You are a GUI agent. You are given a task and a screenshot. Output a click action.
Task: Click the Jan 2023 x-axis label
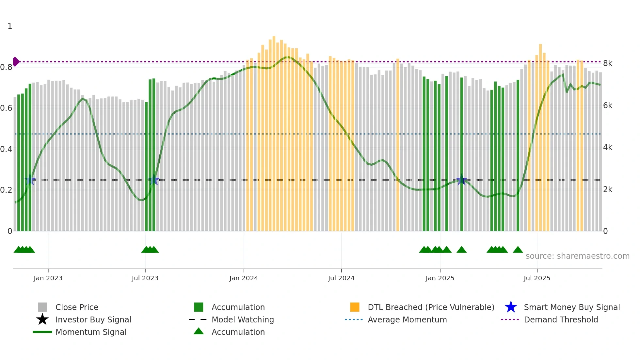(x=48, y=278)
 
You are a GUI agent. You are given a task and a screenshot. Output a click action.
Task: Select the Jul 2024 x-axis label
(x=341, y=278)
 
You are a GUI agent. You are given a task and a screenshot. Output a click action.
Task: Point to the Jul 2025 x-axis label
(x=537, y=278)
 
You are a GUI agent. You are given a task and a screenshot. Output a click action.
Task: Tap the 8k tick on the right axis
(x=608, y=63)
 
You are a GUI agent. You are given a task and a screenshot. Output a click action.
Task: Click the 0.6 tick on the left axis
(x=7, y=108)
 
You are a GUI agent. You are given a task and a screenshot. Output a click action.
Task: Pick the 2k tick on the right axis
(x=608, y=189)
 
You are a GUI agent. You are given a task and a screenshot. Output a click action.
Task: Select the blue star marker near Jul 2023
(x=153, y=180)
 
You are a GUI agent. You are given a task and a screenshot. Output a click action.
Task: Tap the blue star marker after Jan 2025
(x=461, y=180)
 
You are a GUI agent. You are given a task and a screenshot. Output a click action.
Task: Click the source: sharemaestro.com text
(x=577, y=256)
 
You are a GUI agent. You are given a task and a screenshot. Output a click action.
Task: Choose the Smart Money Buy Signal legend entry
(x=571, y=307)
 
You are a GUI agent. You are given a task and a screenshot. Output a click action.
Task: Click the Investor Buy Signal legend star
(x=42, y=319)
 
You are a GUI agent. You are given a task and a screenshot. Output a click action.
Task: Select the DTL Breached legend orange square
(x=355, y=307)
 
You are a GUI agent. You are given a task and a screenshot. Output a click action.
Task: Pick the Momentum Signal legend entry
(x=91, y=332)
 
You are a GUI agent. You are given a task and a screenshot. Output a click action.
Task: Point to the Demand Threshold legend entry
(x=561, y=319)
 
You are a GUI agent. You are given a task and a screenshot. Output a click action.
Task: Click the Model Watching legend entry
(x=242, y=319)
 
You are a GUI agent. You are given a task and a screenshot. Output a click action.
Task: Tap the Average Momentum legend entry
(x=407, y=319)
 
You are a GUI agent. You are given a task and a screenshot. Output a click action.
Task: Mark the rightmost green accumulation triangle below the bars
(x=518, y=250)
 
